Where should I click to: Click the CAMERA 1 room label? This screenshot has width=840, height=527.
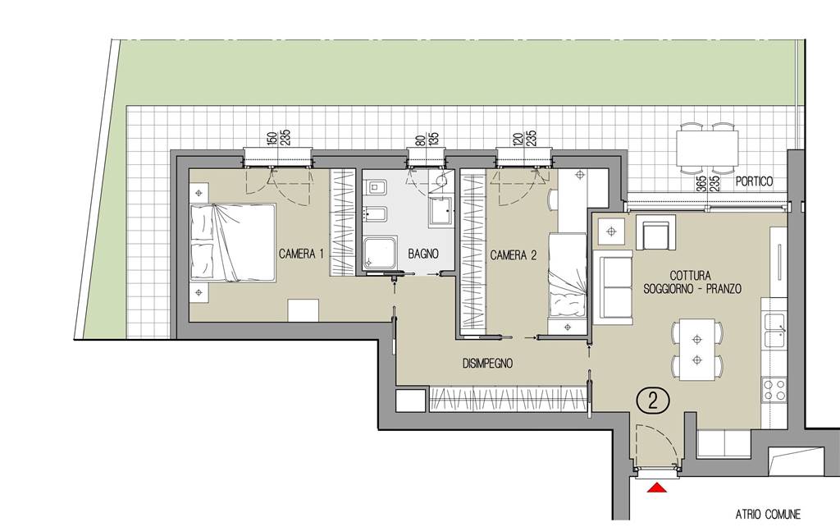(301, 254)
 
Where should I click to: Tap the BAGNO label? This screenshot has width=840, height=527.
(423, 254)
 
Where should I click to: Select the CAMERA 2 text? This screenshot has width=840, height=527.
(514, 255)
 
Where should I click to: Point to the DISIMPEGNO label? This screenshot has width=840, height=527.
(487, 364)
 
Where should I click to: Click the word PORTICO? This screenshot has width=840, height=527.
(755, 181)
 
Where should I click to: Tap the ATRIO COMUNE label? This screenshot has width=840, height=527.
(768, 514)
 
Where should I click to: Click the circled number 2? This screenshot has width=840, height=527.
(653, 401)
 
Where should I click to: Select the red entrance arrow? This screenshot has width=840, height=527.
(657, 488)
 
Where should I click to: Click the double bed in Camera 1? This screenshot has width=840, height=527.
(234, 243)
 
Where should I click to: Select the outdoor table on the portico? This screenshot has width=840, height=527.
(707, 148)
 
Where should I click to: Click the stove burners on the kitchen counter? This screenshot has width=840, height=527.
(774, 390)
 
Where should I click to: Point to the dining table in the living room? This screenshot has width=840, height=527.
(696, 350)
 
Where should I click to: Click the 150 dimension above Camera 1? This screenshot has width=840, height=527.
(272, 138)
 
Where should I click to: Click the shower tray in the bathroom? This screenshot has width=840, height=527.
(381, 253)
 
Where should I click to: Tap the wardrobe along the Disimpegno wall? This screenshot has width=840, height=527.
(508, 398)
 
